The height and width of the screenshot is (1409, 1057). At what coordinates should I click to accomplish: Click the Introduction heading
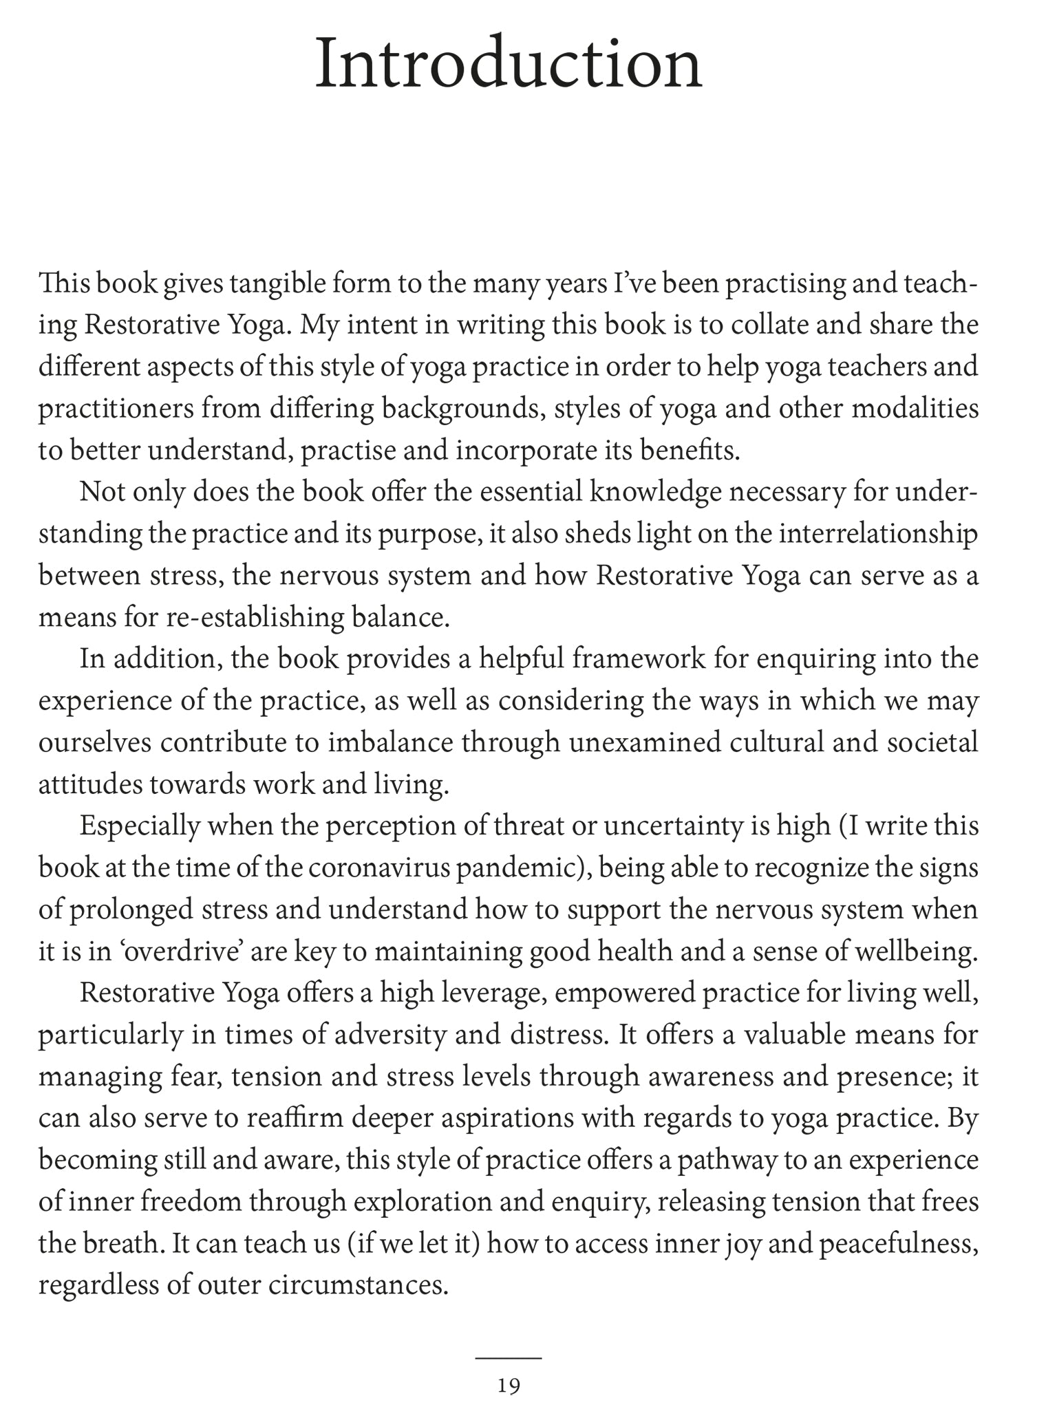[x=509, y=65]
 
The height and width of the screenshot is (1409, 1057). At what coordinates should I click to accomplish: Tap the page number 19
[x=509, y=1386]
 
